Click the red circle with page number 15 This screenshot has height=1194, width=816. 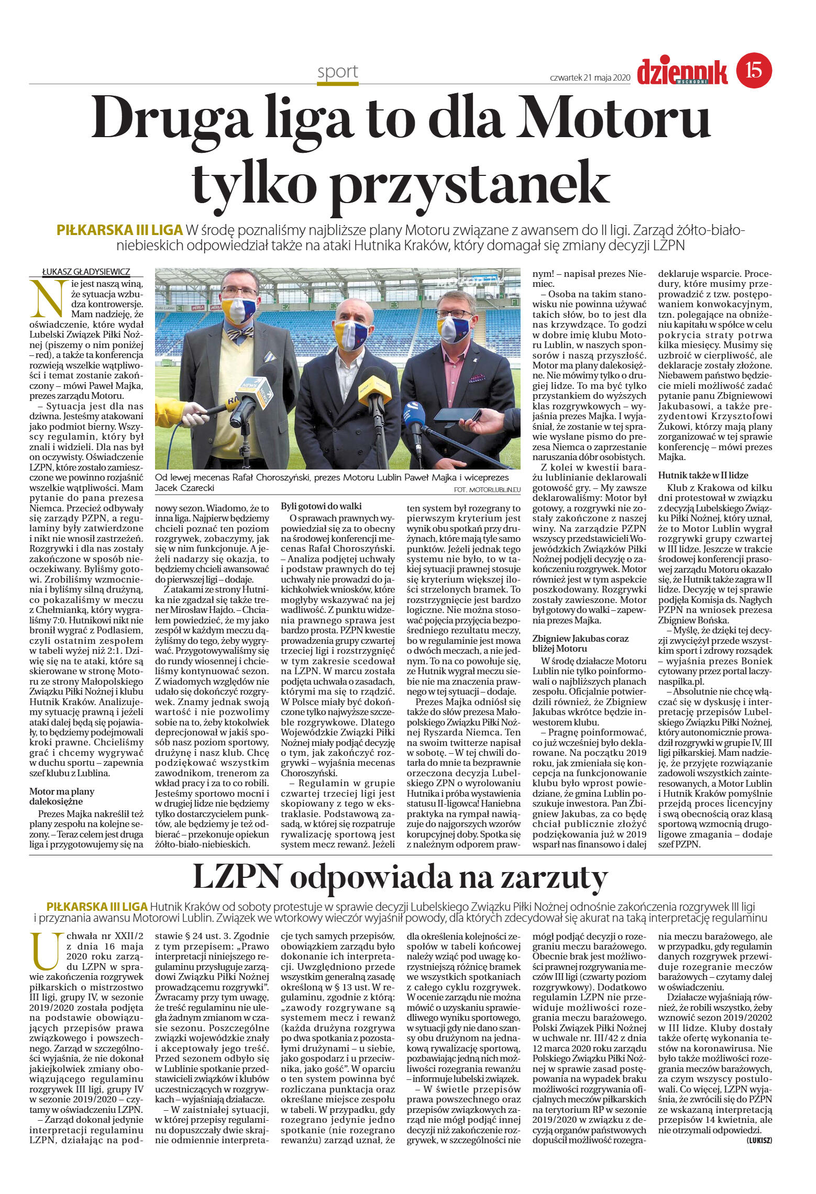(x=754, y=70)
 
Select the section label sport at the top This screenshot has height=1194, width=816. (x=337, y=72)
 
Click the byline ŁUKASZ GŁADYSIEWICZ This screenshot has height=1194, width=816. (x=86, y=272)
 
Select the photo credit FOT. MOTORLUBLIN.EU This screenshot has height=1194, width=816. (x=487, y=489)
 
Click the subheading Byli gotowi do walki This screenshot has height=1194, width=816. (x=322, y=506)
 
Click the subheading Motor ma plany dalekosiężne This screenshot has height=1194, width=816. (x=62, y=796)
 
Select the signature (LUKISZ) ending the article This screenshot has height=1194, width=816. (x=759, y=1140)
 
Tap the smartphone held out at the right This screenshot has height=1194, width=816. (x=456, y=415)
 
